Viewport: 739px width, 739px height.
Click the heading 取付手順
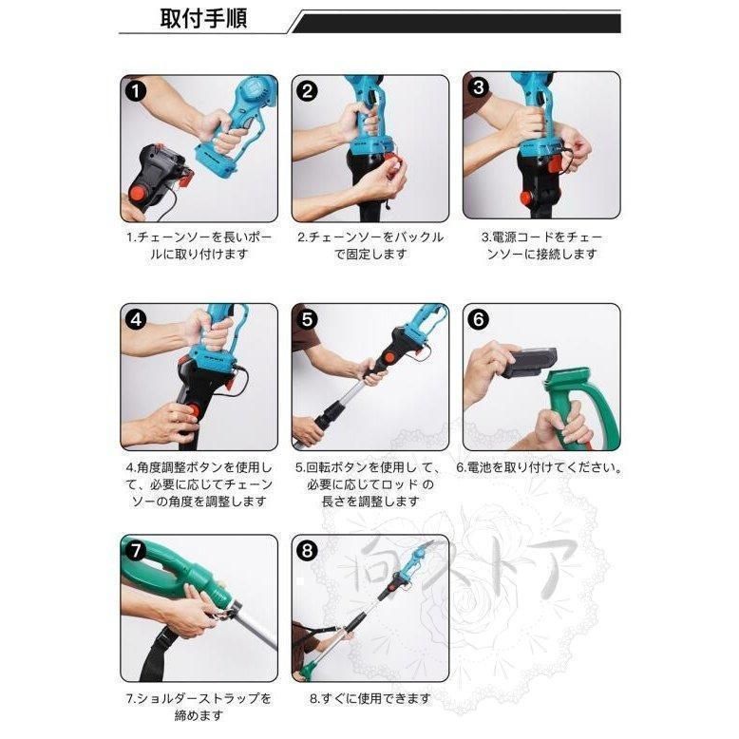point(203,19)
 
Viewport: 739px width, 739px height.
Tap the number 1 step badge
point(136,91)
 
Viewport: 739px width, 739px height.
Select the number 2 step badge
point(307,91)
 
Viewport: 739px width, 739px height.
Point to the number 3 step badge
point(479,87)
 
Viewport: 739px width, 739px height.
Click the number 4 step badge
point(136,320)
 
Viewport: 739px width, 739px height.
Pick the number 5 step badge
point(307,320)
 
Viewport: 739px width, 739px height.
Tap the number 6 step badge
point(479,320)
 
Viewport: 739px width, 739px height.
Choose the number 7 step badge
point(136,551)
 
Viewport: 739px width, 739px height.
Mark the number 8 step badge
point(307,551)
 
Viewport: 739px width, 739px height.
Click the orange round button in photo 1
point(139,194)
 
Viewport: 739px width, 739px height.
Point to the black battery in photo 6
point(529,363)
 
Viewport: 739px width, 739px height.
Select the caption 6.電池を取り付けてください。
point(540,468)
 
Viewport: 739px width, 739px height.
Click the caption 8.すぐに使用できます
point(370,698)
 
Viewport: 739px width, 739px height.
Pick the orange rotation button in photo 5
point(389,358)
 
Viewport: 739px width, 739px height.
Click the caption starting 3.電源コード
point(542,245)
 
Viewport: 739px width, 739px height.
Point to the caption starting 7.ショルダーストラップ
point(199,707)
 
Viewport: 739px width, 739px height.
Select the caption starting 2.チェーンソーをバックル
point(370,245)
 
